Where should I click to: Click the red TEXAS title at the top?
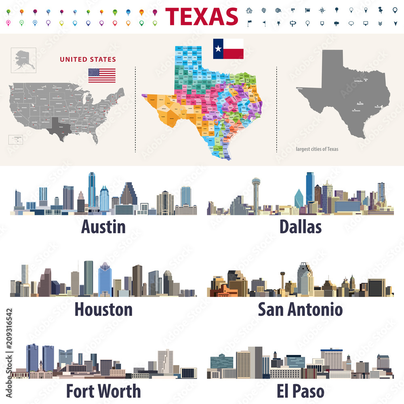[202, 17]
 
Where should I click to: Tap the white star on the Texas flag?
[218, 49]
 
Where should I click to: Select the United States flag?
[102, 76]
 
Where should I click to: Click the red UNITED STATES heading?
[88, 59]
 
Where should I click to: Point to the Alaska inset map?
[23, 60]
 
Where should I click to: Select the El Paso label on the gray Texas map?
[300, 88]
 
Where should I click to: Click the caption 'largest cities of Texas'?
[317, 149]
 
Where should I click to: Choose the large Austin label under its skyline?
[103, 227]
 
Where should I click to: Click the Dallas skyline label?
[301, 227]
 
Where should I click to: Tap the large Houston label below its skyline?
[103, 309]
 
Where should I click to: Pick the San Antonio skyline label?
[300, 309]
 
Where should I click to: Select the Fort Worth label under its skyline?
[103, 391]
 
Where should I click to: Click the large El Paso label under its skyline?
[300, 391]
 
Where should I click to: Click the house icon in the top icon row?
[249, 11]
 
